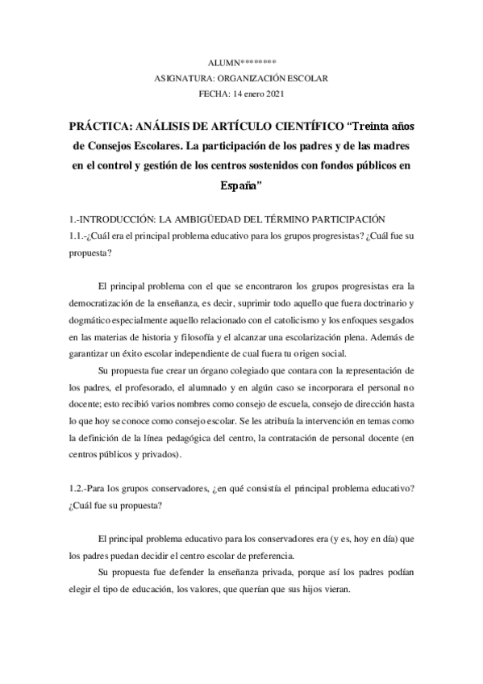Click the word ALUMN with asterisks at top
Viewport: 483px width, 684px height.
[242, 61]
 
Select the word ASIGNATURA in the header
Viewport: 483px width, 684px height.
[180, 77]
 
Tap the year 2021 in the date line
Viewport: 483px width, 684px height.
[273, 93]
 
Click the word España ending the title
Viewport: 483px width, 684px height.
[240, 185]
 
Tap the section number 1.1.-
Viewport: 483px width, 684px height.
[79, 236]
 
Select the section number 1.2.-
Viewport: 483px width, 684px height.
[79, 489]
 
